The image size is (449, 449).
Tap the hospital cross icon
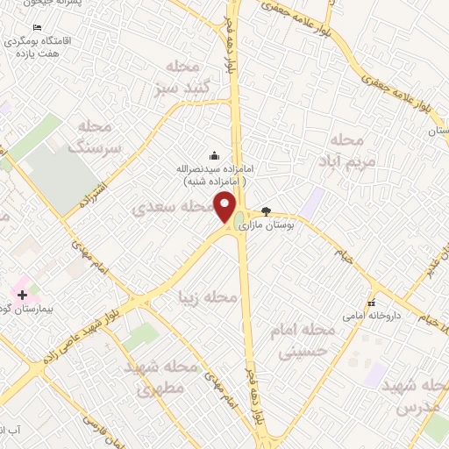click(22, 295)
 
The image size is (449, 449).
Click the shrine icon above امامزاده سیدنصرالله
click(214, 154)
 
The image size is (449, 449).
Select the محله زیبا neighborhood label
click(207, 298)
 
